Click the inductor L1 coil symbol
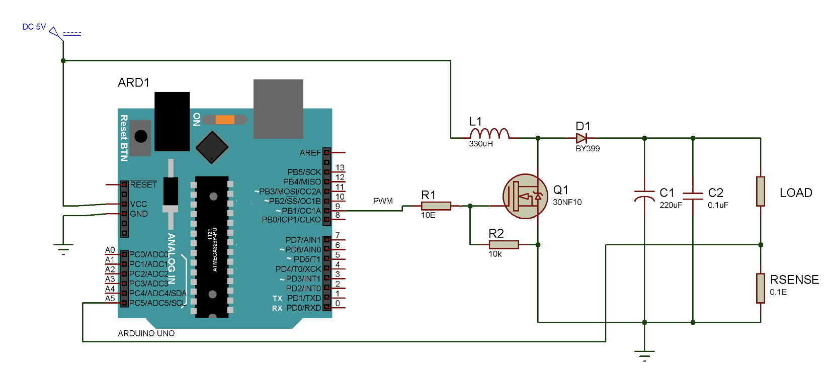pos(489,134)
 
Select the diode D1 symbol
pos(582,138)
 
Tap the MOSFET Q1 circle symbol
pos(525,197)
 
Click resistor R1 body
pos(436,206)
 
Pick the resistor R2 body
pos(504,245)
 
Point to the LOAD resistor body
pos(761,192)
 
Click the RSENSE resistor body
pos(761,288)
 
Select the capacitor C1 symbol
pos(644,196)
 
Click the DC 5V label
pos(34,27)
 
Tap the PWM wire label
pos(383,201)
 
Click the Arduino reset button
pos(141,137)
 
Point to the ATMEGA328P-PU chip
pos(212,246)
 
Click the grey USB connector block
pos(278,109)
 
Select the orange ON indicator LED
pos(225,120)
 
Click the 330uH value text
pos(481,144)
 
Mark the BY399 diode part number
pos(588,149)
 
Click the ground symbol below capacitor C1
pos(644,354)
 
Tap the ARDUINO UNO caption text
pos(146,333)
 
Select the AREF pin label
pos(310,153)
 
